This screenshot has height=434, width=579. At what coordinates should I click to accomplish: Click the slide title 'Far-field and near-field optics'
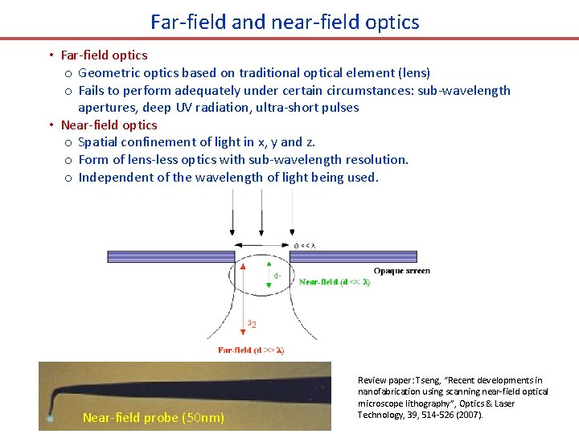pyautogui.click(x=285, y=22)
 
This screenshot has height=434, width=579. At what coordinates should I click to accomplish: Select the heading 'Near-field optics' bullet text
pyautogui.click(x=109, y=125)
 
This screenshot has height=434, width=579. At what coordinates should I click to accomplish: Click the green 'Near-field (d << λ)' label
pyautogui.click(x=335, y=282)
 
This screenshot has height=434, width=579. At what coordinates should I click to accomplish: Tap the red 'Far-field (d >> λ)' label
pyautogui.click(x=251, y=350)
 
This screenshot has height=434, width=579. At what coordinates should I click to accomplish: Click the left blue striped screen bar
pyautogui.click(x=170, y=256)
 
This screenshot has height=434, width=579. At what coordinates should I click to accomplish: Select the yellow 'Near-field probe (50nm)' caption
pyautogui.click(x=154, y=417)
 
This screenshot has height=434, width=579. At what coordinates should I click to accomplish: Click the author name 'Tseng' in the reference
pyautogui.click(x=429, y=380)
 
